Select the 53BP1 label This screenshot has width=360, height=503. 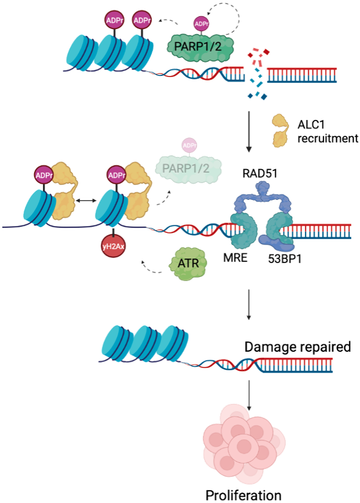284,258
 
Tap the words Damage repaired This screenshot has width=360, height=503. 297,348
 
